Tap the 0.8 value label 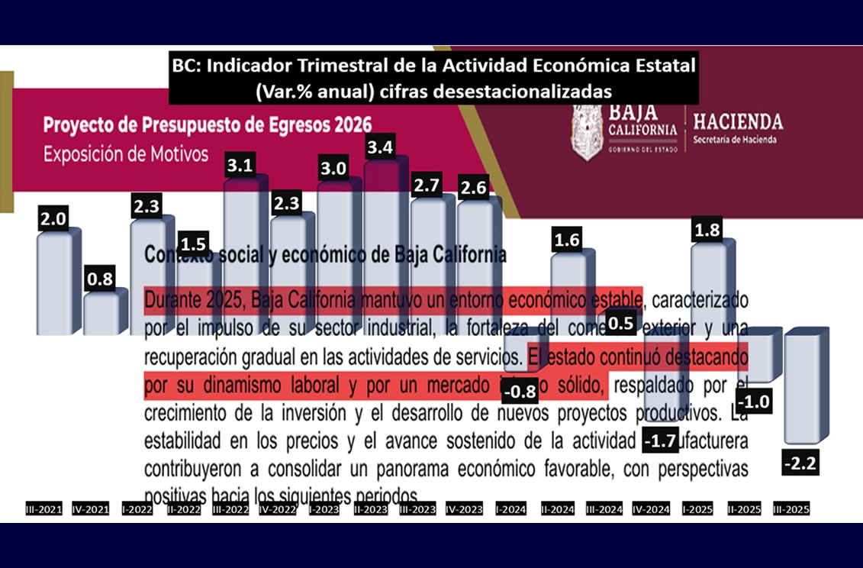pos(100,280)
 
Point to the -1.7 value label pos(660,441)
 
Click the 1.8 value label pos(707,229)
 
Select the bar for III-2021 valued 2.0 pos(54,282)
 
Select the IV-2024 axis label pos(650,508)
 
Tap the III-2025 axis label pos(791,508)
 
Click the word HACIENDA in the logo pos(737,122)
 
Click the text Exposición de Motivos pos(126,154)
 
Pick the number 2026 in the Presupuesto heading pos(347,124)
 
